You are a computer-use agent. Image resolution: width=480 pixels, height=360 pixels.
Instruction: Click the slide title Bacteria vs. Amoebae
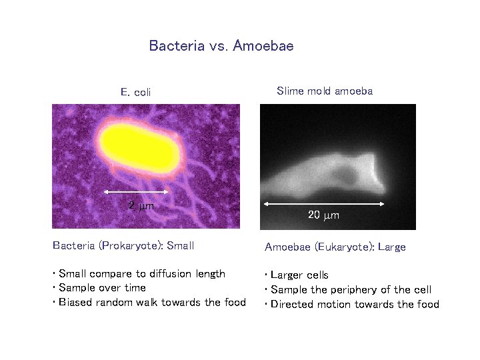pos(221,46)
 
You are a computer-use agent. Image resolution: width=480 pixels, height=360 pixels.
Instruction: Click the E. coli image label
pos(135,92)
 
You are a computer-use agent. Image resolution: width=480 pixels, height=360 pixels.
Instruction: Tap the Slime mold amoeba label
pos(324,91)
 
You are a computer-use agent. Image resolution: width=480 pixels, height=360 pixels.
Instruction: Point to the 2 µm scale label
pos(141,206)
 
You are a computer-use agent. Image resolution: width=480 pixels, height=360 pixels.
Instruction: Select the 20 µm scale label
pos(323,215)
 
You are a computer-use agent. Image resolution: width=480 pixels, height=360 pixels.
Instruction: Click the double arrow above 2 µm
pos(137,192)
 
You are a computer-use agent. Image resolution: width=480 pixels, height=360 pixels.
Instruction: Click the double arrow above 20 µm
pos(324,203)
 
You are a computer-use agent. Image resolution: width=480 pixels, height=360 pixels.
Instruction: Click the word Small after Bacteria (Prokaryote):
pos(181,245)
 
